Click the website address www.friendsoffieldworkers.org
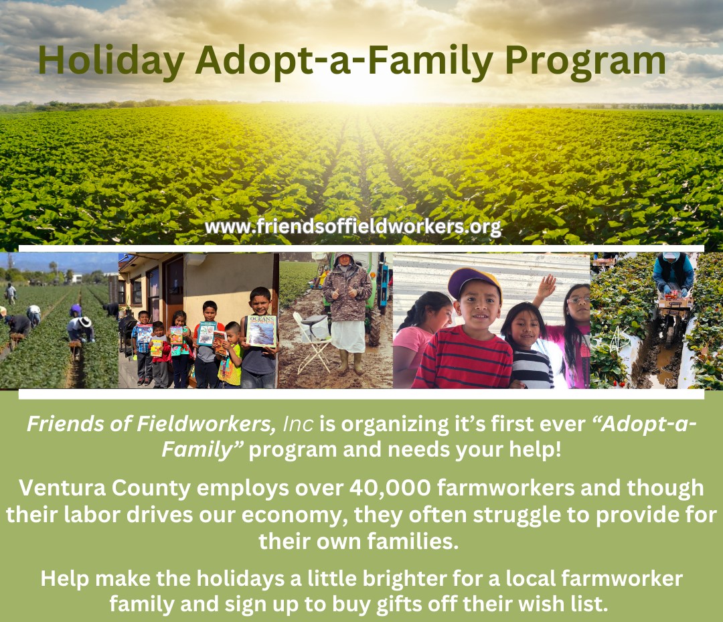pyautogui.click(x=353, y=226)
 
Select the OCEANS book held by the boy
pyautogui.click(x=262, y=331)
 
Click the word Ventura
pyautogui.click(x=58, y=488)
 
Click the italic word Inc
pyautogui.click(x=298, y=424)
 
